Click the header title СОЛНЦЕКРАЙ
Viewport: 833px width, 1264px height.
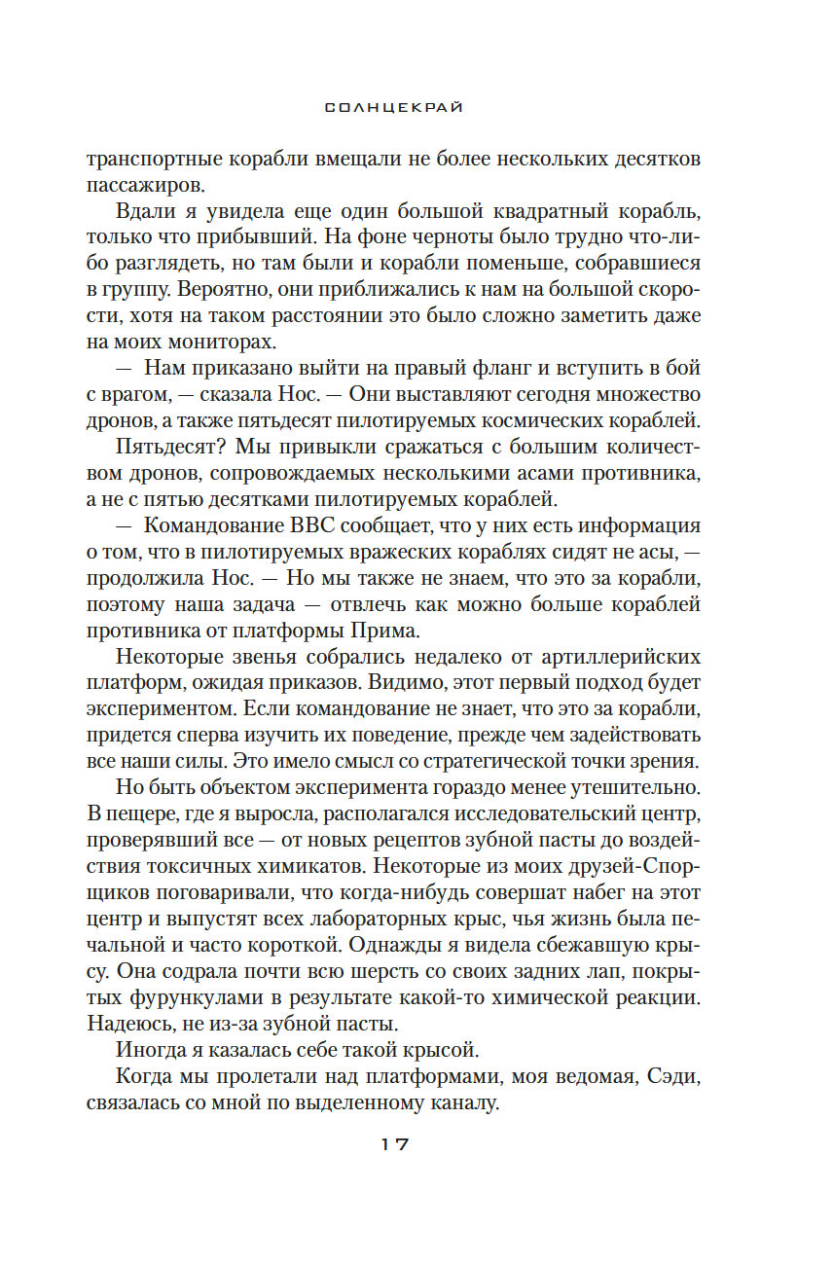pyautogui.click(x=394, y=108)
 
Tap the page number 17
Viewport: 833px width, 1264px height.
pyautogui.click(x=393, y=1144)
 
